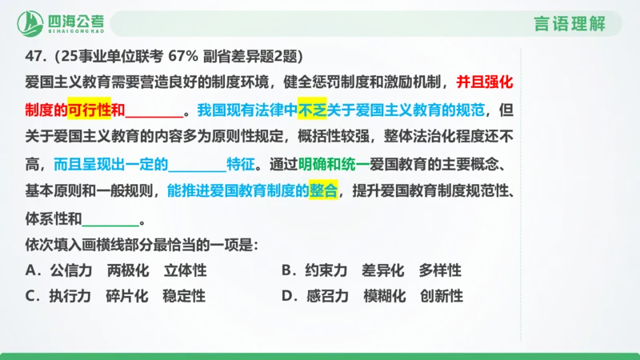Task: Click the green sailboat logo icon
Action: click(x=32, y=22)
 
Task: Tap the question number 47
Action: click(x=34, y=57)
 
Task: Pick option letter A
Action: click(x=32, y=270)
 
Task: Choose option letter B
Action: click(x=288, y=270)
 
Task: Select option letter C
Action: click(x=32, y=296)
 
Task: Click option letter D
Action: click(x=288, y=296)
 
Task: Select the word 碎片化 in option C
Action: click(x=127, y=296)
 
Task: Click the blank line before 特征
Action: click(x=198, y=166)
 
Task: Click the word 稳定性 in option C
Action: click(x=184, y=296)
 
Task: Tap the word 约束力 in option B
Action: click(x=326, y=270)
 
